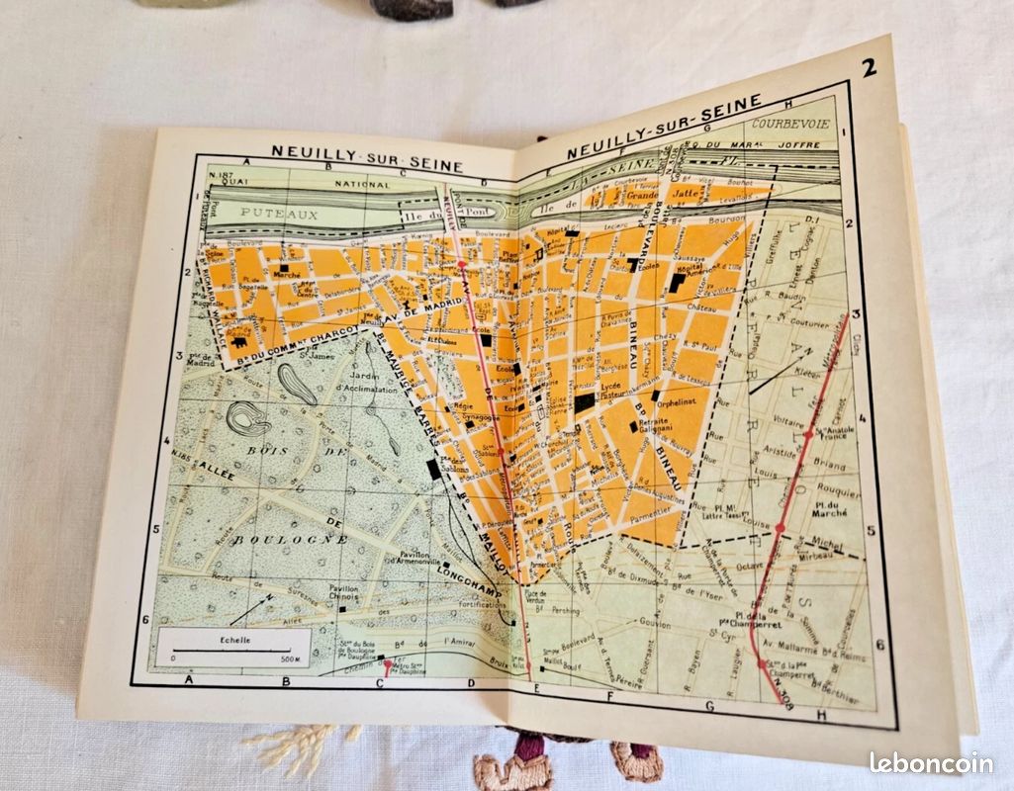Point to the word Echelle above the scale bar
point(235,640)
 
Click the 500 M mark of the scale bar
point(289,657)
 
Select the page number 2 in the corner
point(869,68)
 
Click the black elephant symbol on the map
point(239,341)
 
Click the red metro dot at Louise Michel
point(780,529)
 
